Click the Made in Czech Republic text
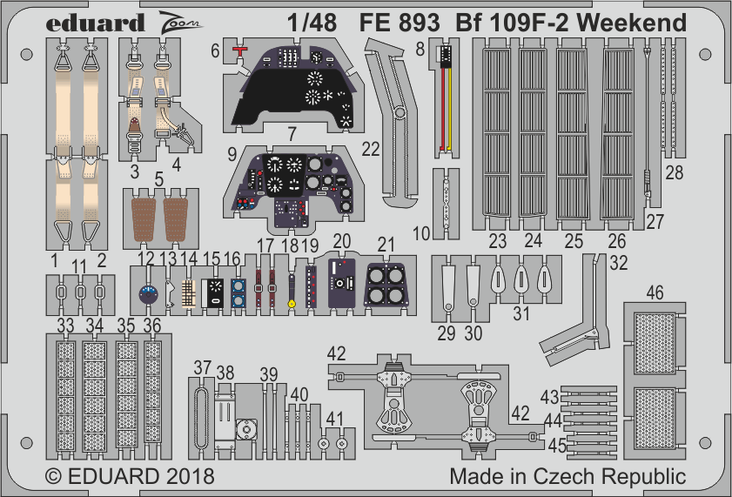pyautogui.click(x=567, y=477)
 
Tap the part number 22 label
pyautogui.click(x=371, y=150)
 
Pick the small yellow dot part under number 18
pyautogui.click(x=292, y=304)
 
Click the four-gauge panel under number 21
pyautogui.click(x=384, y=284)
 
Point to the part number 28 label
pyautogui.click(x=674, y=171)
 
